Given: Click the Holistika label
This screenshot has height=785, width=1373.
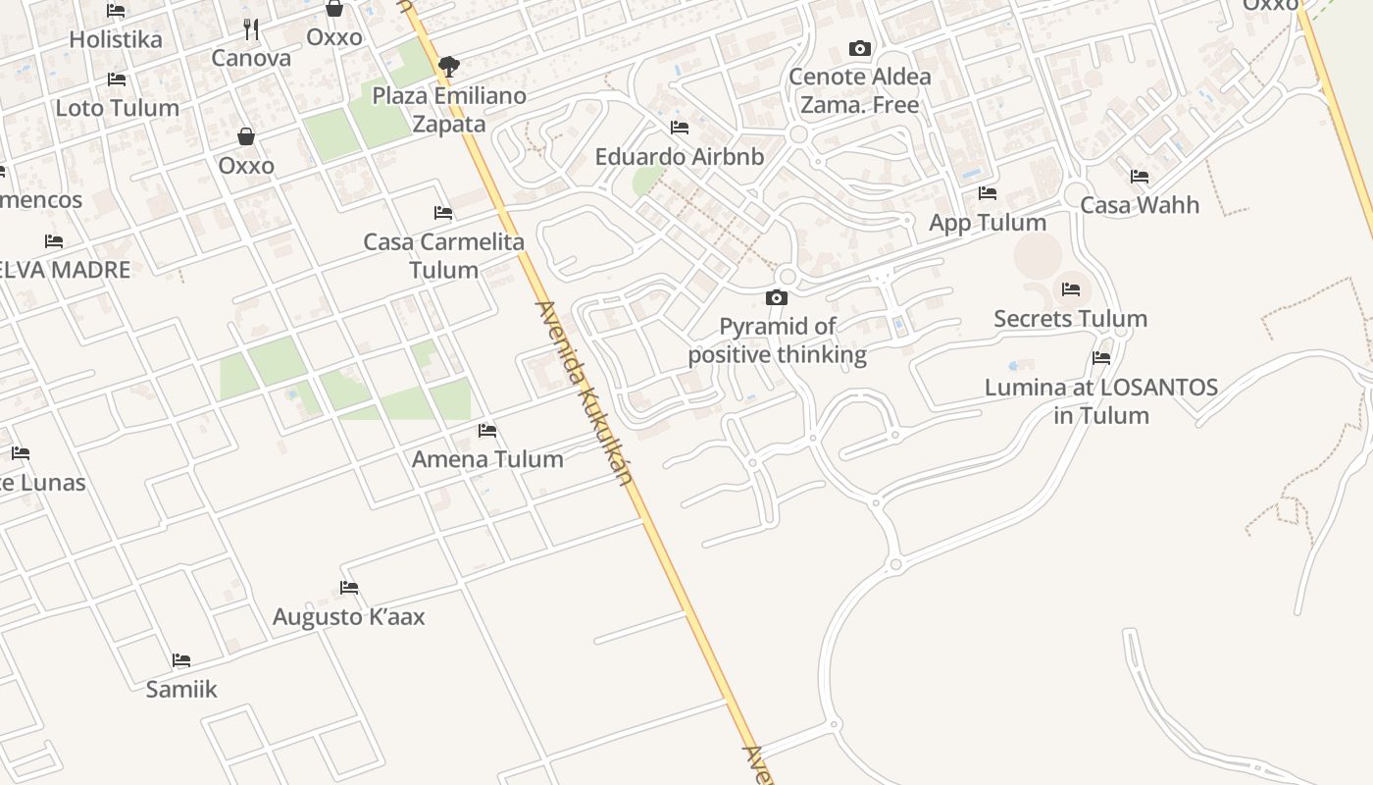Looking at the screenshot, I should click(116, 39).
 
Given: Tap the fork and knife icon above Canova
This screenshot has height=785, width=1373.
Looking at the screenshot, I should click(251, 29).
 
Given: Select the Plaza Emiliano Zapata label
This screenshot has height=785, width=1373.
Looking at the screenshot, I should click(449, 110).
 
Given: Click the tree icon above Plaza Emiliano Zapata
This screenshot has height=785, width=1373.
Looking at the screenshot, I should click(449, 67).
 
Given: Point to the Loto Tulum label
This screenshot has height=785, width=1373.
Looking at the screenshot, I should click(118, 108).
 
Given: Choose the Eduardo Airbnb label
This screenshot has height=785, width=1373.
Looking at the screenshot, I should click(680, 156).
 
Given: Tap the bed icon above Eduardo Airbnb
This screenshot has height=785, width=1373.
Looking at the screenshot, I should click(680, 128).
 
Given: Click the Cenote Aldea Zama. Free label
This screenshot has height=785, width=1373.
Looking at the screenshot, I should click(860, 90).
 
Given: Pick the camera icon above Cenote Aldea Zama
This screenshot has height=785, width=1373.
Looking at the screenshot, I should click(860, 48).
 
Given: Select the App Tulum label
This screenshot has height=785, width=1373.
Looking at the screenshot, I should click(988, 222).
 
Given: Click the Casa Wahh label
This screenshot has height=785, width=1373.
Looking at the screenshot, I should click(1140, 205).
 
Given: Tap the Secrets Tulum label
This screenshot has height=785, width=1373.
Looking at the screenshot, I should click(1070, 319).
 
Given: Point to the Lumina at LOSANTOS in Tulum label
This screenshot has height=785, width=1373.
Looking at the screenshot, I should click(1101, 401).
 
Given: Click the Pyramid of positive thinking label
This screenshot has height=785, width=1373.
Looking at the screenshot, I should click(778, 340).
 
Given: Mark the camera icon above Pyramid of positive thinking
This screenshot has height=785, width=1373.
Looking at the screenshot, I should click(777, 297).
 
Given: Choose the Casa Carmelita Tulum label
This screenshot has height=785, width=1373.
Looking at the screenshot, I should click(444, 255).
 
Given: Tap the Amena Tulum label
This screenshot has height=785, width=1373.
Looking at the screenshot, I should click(487, 458).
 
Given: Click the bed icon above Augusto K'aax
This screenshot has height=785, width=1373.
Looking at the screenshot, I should click(349, 588).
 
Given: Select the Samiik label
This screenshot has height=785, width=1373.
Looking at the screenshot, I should click(181, 689).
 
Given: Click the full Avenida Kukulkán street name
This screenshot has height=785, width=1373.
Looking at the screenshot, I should click(584, 392).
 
